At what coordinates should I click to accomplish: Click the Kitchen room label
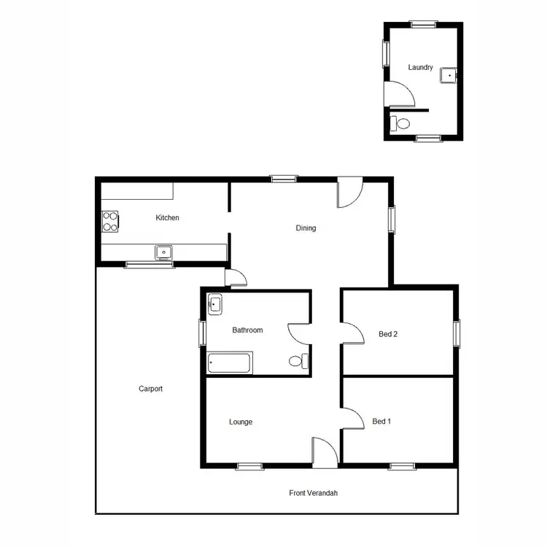coord(167,217)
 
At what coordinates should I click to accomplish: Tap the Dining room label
coord(306,228)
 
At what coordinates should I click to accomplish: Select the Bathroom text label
coord(247,330)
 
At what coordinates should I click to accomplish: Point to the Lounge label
coord(241,422)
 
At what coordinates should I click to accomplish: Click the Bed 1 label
coord(381,422)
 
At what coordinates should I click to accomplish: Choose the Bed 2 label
coord(388,335)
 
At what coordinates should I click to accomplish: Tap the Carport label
coord(150,389)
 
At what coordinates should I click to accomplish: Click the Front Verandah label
coord(313,493)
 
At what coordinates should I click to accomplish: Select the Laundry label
coord(421,68)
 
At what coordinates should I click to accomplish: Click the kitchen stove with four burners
coord(110,221)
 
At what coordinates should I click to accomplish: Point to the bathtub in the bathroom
coord(230,362)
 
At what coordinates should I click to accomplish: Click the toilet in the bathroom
coord(298,360)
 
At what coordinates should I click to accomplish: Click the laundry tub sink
coord(451,73)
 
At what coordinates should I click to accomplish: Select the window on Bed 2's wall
coord(457,333)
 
